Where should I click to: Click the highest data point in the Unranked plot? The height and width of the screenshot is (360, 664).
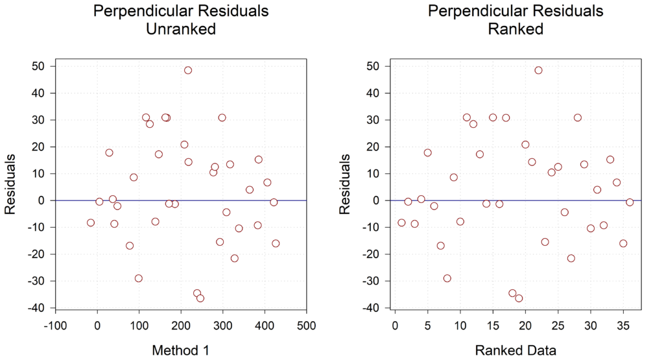188,70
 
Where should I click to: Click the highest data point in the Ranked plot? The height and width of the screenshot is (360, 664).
538,70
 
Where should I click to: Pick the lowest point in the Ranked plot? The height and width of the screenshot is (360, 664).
519,298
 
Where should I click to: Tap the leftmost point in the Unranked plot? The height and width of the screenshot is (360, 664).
91,222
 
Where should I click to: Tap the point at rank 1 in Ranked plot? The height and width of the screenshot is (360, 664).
401,222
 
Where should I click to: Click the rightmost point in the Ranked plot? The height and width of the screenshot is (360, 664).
630,202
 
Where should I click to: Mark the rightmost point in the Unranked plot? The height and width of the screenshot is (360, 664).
276,243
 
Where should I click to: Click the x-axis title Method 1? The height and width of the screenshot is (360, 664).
180,350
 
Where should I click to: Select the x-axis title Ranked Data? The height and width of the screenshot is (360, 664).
516,350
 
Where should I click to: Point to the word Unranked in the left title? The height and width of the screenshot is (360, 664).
181,30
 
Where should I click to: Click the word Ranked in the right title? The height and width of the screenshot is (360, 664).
516,30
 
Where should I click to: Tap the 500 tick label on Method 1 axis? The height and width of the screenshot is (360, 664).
307,324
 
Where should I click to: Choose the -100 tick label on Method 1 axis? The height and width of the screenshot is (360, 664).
56,324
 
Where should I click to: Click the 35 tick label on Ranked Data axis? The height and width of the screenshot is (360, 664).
623,324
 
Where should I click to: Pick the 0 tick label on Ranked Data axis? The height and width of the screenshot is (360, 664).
395,324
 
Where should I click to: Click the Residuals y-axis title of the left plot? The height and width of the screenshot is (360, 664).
10,184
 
